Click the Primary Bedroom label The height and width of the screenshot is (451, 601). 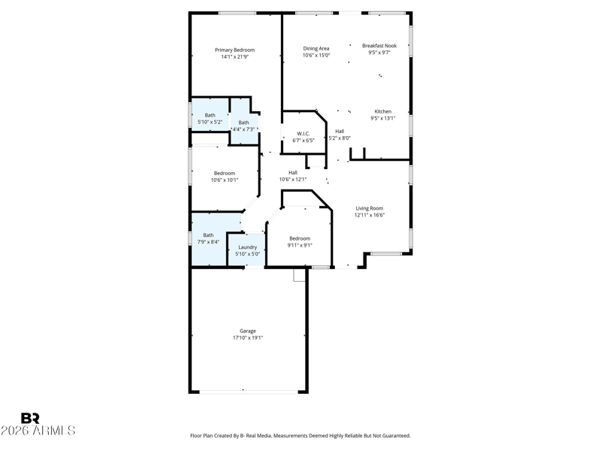click(234, 50)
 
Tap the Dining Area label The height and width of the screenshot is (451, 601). click(316, 48)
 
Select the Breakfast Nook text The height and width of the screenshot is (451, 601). click(379, 46)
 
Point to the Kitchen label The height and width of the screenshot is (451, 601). click(383, 111)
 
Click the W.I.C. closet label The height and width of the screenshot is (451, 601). click(304, 134)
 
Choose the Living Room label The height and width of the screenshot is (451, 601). click(370, 208)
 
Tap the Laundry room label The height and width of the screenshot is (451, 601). click(248, 247)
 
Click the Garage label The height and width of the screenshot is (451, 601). click(248, 331)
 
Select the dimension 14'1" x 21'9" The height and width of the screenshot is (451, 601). click(234, 57)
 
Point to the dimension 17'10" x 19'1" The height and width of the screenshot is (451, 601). click(248, 337)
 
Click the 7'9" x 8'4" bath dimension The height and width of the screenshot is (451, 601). click(208, 242)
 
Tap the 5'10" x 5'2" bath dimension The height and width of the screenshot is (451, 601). click(210, 122)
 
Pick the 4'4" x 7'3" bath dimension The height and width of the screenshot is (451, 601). click(243, 129)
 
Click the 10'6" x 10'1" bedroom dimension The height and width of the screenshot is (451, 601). click(225, 180)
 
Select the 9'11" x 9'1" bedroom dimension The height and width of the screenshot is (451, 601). click(300, 246)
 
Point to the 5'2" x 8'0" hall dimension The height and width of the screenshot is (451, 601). click(340, 138)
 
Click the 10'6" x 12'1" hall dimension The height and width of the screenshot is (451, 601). click(293, 180)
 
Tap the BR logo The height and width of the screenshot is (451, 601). click(30, 418)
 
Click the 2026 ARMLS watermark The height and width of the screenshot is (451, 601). click(38, 431)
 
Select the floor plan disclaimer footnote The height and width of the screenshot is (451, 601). click(300, 436)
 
